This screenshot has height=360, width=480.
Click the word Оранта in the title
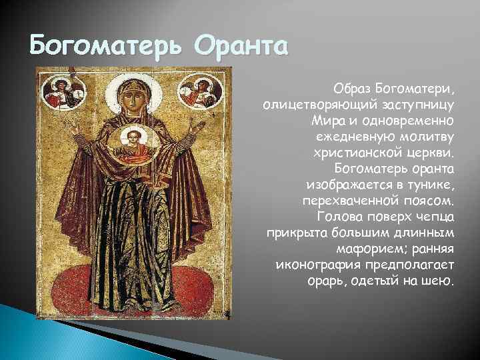pos(242,47)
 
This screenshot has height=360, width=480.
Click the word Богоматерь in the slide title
pos(109,47)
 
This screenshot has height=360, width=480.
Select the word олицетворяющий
pos(316,105)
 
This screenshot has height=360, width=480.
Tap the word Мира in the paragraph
pos(325,121)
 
